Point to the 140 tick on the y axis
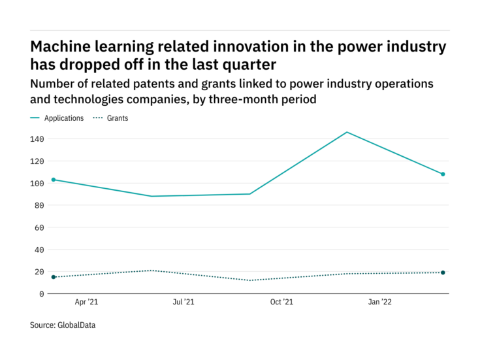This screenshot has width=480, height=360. [37, 139]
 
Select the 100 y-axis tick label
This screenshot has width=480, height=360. [37, 184]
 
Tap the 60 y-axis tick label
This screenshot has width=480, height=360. [39, 228]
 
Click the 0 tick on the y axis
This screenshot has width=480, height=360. [41, 294]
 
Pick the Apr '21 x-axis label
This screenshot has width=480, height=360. [86, 303]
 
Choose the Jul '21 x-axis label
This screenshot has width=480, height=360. [184, 303]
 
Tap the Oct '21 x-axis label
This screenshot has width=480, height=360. [281, 303]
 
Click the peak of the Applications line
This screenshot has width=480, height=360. [347, 132]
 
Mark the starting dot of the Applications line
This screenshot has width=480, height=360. [54, 180]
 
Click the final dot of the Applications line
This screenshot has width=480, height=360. [443, 174]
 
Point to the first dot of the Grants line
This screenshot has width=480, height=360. [54, 277]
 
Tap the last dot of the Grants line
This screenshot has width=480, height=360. [443, 272]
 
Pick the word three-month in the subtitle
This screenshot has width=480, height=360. [238, 100]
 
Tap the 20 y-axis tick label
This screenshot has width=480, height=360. [39, 272]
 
